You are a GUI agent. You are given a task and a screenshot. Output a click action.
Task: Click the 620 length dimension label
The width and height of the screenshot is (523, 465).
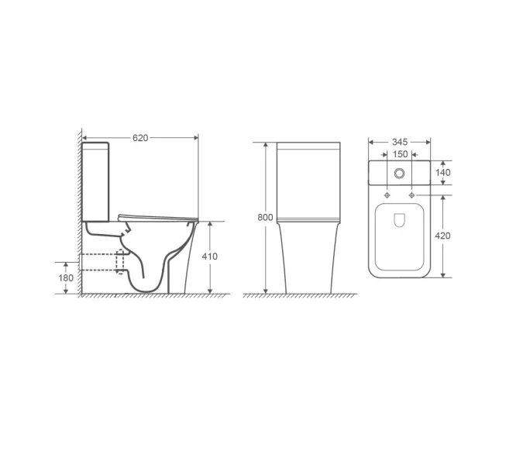[x=140, y=137]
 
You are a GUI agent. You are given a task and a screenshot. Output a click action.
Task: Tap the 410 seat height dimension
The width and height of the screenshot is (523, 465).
[x=211, y=257]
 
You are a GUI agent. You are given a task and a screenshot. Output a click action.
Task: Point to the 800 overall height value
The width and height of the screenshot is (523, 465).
[x=265, y=218]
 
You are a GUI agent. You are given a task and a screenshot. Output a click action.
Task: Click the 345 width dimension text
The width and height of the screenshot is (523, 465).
[x=399, y=142]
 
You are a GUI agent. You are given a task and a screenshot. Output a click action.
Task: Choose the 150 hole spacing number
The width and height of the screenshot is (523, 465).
[x=399, y=155]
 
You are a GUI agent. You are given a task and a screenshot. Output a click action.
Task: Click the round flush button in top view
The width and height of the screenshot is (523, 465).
[x=399, y=173]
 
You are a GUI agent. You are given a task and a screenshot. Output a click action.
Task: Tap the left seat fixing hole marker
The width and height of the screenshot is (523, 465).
[x=387, y=195]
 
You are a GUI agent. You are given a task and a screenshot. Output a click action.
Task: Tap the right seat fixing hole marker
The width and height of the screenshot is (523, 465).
[x=411, y=195]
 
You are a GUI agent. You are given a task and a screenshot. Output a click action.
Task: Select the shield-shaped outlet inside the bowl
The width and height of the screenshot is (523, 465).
[x=399, y=221]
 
